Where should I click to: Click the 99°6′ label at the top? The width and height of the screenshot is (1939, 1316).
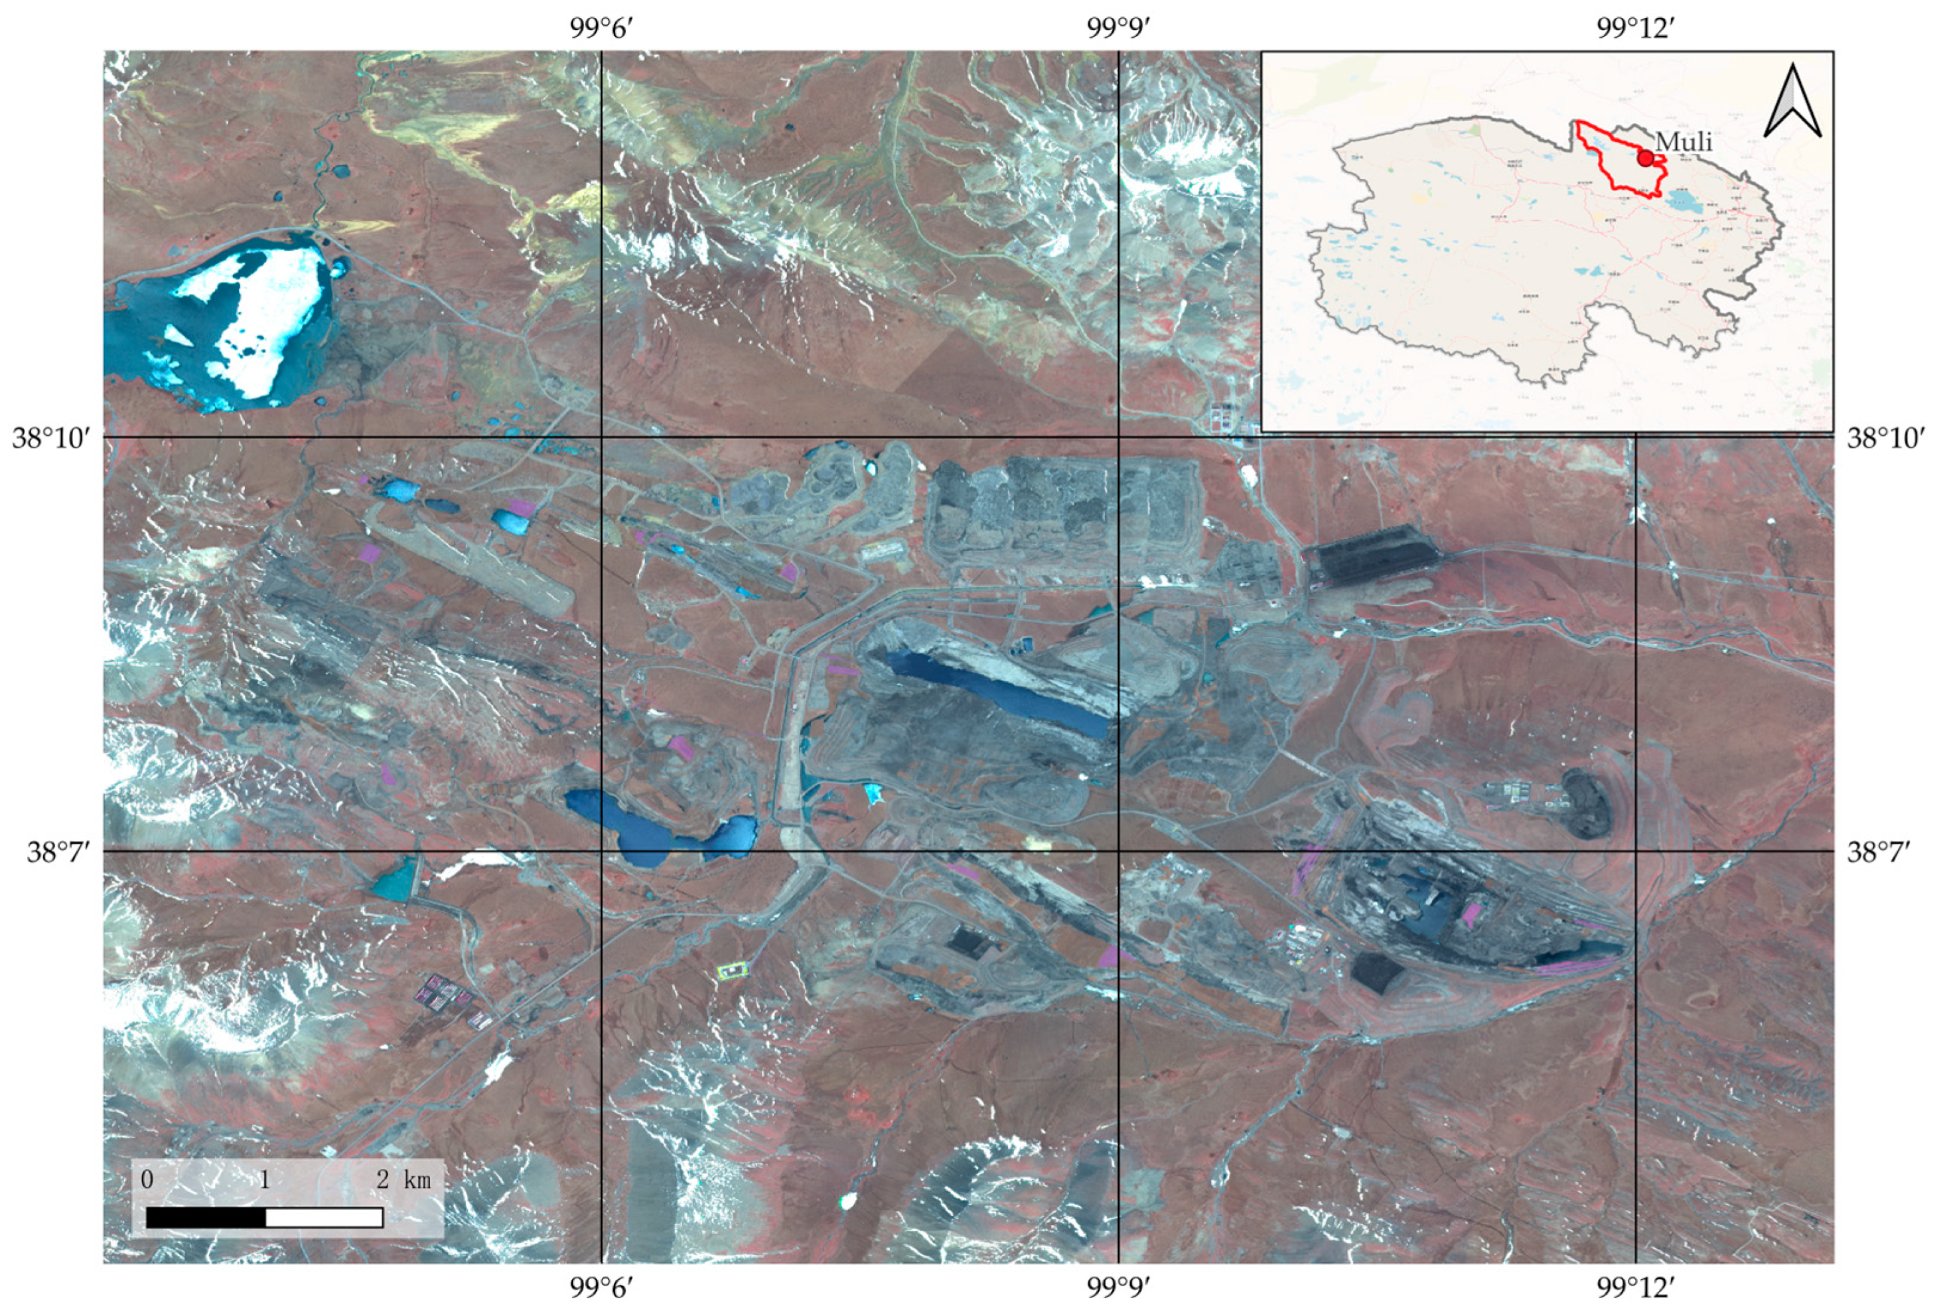click(600, 29)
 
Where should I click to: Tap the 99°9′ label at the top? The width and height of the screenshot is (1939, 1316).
click(1118, 29)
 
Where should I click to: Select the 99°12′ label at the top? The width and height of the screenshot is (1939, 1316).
click(1635, 29)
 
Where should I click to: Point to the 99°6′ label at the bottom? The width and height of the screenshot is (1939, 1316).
click(600, 1289)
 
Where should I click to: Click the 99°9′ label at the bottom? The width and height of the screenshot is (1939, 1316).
click(1118, 1289)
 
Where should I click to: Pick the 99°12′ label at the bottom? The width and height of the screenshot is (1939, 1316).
click(1635, 1289)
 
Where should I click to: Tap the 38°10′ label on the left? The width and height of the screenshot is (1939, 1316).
click(52, 438)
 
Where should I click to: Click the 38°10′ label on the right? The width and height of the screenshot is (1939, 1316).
click(1887, 438)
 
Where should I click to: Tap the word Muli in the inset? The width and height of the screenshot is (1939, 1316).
click(1684, 143)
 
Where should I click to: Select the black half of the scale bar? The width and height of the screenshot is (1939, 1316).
click(206, 1218)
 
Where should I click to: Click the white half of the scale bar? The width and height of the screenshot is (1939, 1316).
click(324, 1218)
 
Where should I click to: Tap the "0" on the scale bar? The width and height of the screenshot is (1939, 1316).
click(147, 1180)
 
